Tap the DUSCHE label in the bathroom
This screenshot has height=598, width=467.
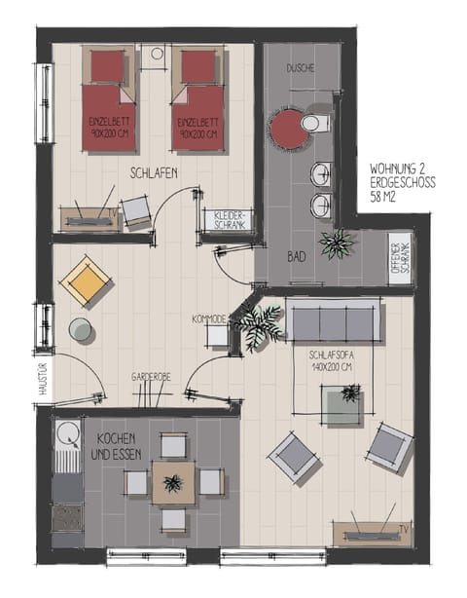[301, 70]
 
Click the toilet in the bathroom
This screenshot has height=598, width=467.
[312, 124]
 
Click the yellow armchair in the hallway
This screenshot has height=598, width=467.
[84, 280]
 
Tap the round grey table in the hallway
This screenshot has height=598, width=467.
[82, 331]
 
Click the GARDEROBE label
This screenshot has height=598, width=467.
[153, 376]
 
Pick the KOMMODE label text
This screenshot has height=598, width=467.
[209, 318]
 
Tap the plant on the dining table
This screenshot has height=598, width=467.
[173, 482]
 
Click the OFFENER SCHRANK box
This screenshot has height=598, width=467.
[399, 257]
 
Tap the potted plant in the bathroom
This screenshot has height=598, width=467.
[338, 243]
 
